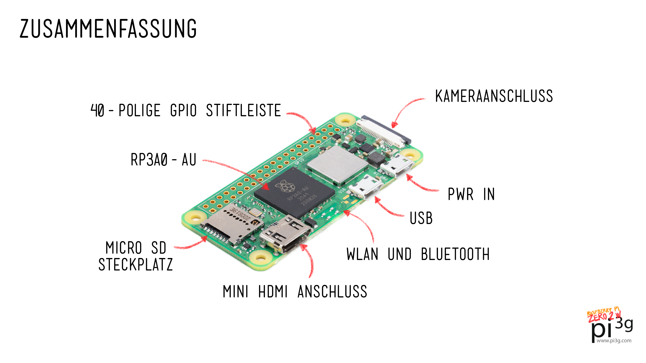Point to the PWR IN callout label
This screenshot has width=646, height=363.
(471, 194)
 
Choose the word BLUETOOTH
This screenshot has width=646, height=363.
(455, 254)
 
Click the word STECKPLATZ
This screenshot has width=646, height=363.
(135, 265)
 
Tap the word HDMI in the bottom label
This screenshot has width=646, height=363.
(273, 292)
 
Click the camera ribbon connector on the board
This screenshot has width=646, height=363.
(384, 132)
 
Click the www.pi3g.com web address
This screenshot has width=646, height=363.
(614, 340)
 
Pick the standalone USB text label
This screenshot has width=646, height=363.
(421, 218)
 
